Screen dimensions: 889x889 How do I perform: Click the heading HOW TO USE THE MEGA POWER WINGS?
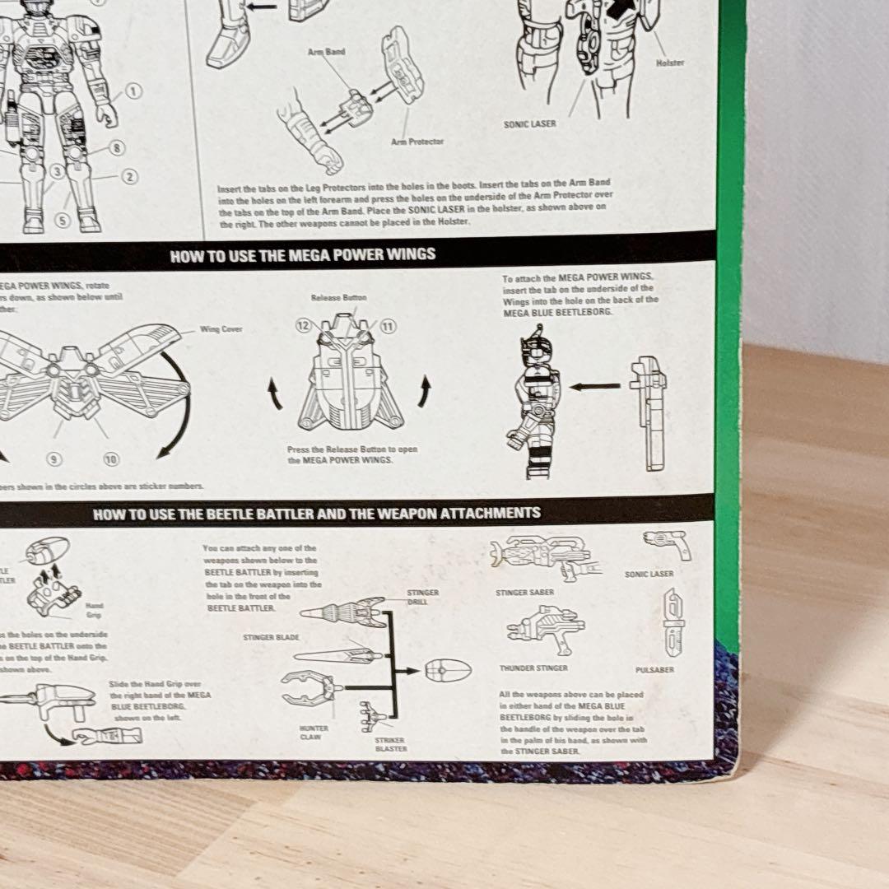pyautogui.click(x=303, y=255)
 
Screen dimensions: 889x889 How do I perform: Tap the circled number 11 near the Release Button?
pyautogui.click(x=387, y=327)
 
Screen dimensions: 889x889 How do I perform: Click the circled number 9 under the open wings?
pyautogui.click(x=54, y=459)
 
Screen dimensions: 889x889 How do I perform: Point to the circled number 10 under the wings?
pyautogui.click(x=110, y=459)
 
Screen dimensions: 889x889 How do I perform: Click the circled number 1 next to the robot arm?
pyautogui.click(x=133, y=92)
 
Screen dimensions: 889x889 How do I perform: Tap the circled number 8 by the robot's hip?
pyautogui.click(x=116, y=148)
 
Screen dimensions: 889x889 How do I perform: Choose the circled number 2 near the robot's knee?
pyautogui.click(x=129, y=176)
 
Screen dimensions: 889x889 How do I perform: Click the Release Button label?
pyautogui.click(x=338, y=297)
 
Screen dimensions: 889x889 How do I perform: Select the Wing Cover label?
pyautogui.click(x=221, y=329)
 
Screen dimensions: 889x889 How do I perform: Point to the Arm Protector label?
pyautogui.click(x=417, y=142)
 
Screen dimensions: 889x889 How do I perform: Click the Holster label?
pyautogui.click(x=669, y=63)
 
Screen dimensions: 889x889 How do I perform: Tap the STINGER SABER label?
pyautogui.click(x=524, y=592)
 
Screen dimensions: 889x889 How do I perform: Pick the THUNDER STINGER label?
pyautogui.click(x=533, y=668)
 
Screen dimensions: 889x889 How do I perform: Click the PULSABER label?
pyautogui.click(x=654, y=670)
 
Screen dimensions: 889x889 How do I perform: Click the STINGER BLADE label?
pyautogui.click(x=270, y=637)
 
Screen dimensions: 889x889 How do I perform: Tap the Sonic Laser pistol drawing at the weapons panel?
pyautogui.click(x=667, y=544)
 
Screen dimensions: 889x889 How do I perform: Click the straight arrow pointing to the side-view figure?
pyautogui.click(x=594, y=385)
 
